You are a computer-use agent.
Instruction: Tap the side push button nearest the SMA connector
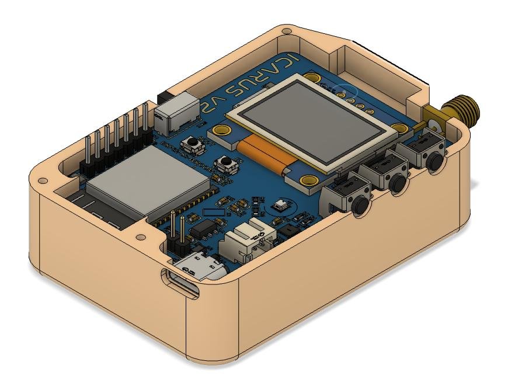(433, 163)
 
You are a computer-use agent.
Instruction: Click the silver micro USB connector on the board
(205, 268)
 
